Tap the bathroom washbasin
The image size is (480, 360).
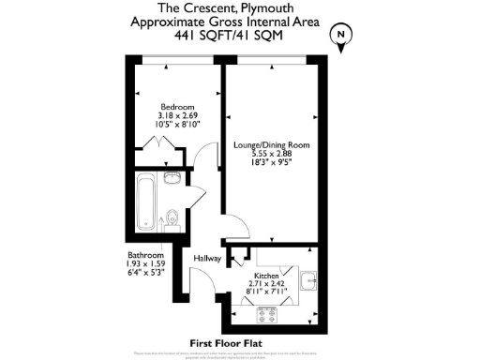pos(172,178)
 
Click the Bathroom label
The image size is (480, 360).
pos(146,256)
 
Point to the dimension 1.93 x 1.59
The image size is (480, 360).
pos(146,265)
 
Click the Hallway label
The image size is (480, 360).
pos(206,258)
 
